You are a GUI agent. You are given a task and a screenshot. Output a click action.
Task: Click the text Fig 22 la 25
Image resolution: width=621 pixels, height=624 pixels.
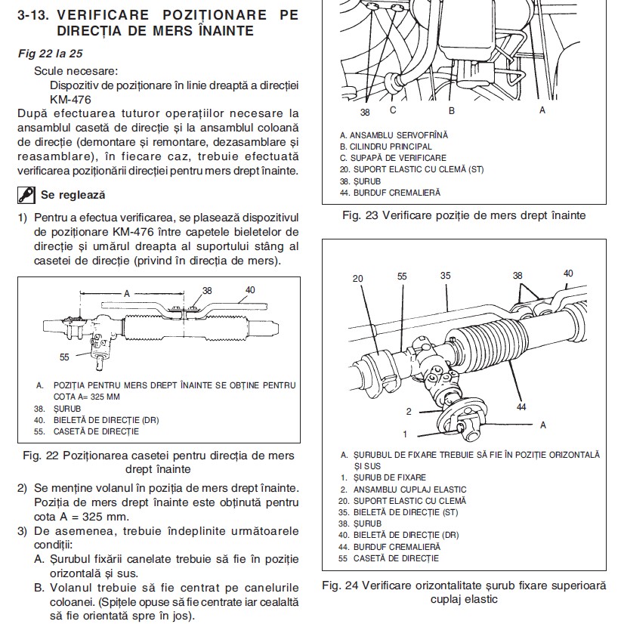[50, 54]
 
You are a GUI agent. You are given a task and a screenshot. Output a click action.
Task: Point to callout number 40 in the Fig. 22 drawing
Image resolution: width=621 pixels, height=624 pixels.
[250, 289]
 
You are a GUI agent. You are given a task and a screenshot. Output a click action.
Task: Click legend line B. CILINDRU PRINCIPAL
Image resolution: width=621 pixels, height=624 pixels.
[386, 147]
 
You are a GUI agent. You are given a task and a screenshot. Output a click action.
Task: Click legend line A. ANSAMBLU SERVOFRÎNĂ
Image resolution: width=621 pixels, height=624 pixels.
[394, 135]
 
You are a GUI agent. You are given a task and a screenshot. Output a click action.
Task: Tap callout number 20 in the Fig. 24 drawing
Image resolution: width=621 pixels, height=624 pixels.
[357, 278]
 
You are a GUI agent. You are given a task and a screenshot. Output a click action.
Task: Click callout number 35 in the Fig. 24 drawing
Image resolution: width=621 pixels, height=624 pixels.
[446, 276]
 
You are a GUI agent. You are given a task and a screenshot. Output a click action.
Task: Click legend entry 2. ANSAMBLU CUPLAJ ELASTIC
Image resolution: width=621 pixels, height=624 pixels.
[403, 489]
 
